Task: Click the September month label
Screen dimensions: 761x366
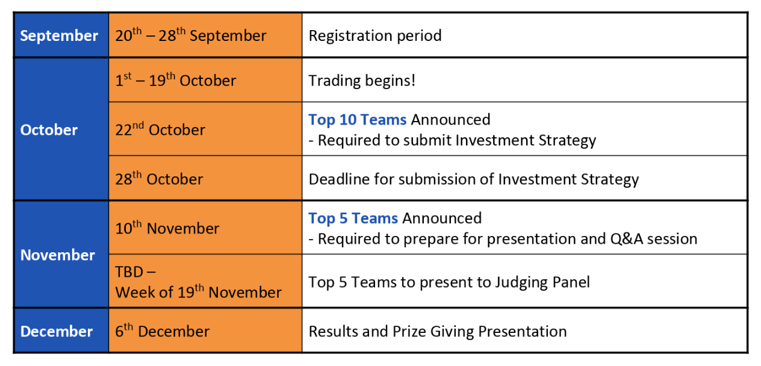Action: tap(59, 36)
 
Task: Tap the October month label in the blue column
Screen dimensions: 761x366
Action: tap(49, 130)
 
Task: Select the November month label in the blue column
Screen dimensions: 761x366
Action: tap(57, 255)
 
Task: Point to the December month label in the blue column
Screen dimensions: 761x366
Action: tap(57, 331)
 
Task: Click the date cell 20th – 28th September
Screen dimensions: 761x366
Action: tap(191, 35)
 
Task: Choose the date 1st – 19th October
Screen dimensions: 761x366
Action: tap(175, 80)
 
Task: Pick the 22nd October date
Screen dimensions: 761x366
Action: tap(160, 129)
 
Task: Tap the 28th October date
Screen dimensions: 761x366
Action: tap(159, 178)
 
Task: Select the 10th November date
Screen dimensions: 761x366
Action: tap(167, 228)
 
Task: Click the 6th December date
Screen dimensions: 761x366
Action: tap(162, 330)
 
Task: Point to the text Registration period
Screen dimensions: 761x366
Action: tap(375, 36)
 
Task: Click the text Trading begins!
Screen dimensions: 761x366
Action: tap(362, 81)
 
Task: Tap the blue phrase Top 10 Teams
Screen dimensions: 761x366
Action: tap(358, 120)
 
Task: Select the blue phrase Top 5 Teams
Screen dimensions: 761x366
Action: tap(353, 219)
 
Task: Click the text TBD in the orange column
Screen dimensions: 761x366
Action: tap(129, 272)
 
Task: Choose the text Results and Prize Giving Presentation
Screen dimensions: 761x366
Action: tap(438, 332)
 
